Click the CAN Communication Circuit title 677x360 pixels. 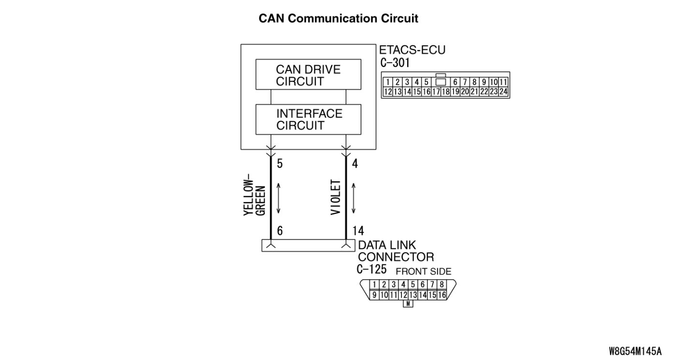(338, 18)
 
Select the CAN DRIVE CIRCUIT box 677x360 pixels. (308, 74)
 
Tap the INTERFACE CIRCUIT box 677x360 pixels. (308, 119)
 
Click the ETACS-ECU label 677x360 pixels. (412, 51)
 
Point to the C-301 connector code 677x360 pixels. (395, 62)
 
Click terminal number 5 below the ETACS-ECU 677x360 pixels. (280, 164)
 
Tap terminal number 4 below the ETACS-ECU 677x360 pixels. (355, 164)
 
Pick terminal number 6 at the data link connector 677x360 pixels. (280, 231)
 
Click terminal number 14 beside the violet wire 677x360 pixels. (358, 231)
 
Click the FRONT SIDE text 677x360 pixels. (423, 272)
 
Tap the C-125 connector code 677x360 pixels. (371, 269)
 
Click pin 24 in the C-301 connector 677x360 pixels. (503, 91)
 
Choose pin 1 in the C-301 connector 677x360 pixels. (388, 82)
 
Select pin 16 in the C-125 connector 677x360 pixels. (442, 295)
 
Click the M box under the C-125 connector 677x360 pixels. (408, 304)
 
